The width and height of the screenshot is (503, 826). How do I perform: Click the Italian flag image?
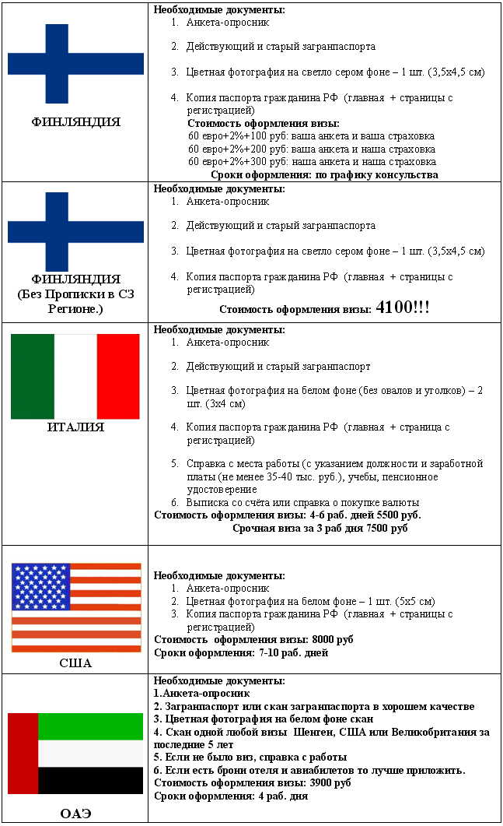pyautogui.click(x=75, y=376)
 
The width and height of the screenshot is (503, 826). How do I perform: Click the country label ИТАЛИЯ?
pyautogui.click(x=75, y=427)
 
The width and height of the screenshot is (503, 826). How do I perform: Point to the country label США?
pyautogui.click(x=75, y=663)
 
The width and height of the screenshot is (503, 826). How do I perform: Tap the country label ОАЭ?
pyautogui.click(x=75, y=814)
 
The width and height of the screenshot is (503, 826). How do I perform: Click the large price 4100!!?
pyautogui.click(x=402, y=308)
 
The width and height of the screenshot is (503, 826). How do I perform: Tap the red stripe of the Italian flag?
pyautogui.click(x=118, y=376)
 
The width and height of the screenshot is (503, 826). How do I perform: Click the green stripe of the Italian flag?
pyautogui.click(x=33, y=376)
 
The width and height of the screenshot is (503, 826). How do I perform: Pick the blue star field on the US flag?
pyautogui.click(x=40, y=585)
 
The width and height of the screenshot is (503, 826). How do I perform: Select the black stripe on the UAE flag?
pyautogui.click(x=89, y=781)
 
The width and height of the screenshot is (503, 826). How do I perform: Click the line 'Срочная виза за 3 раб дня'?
pyautogui.click(x=294, y=529)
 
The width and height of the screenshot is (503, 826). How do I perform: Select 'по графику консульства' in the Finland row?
pyautogui.click(x=376, y=175)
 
